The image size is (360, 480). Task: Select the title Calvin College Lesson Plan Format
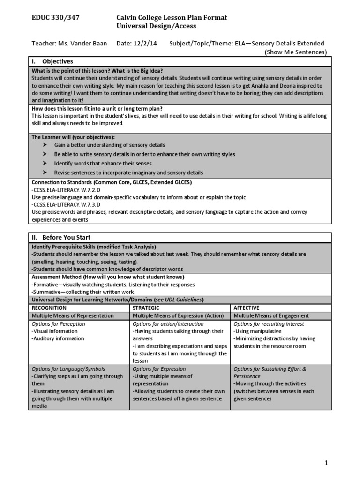pyautogui.click(x=172, y=17)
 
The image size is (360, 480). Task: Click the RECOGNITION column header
pyautogui.click(x=49, y=307)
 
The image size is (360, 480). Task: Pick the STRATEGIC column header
pyautogui.click(x=146, y=307)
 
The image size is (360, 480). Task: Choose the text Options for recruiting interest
pyautogui.click(x=269, y=324)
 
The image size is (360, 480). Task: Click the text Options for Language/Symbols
pyautogui.click(x=68, y=369)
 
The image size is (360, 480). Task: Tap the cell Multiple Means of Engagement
pyautogui.click(x=271, y=315)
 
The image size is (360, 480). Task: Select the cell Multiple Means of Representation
pyautogui.click(x=72, y=315)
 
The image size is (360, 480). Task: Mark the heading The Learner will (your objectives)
pyautogui.click(x=73, y=137)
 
